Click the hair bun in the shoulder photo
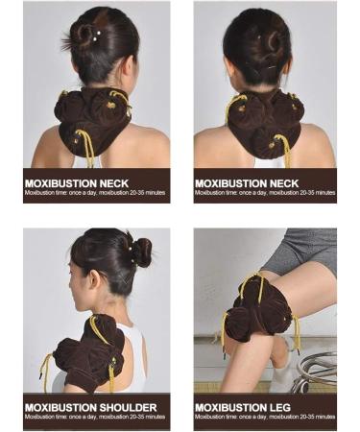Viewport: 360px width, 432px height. click(142, 252)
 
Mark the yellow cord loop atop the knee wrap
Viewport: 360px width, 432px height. click(253, 281)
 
